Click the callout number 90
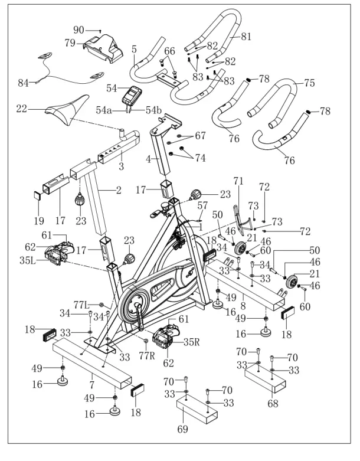click(78, 30)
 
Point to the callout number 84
click(23, 83)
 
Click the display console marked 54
click(135, 94)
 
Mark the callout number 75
click(309, 83)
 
